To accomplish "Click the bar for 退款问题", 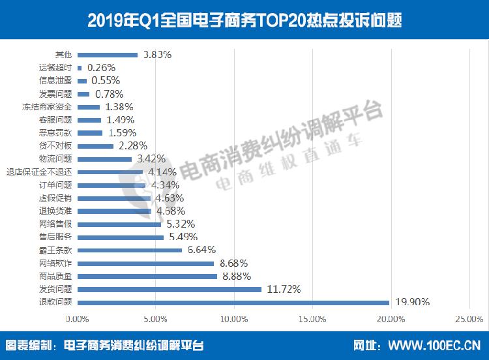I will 233,302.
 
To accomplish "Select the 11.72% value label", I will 284,289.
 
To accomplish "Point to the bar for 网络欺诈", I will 145,263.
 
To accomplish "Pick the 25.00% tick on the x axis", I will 468,319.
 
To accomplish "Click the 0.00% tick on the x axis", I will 77,319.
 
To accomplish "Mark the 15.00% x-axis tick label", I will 312,319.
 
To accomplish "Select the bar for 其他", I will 107,55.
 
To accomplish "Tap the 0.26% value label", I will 100,67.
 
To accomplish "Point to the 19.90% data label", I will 412,302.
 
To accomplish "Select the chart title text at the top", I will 244,20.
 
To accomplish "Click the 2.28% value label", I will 132,145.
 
